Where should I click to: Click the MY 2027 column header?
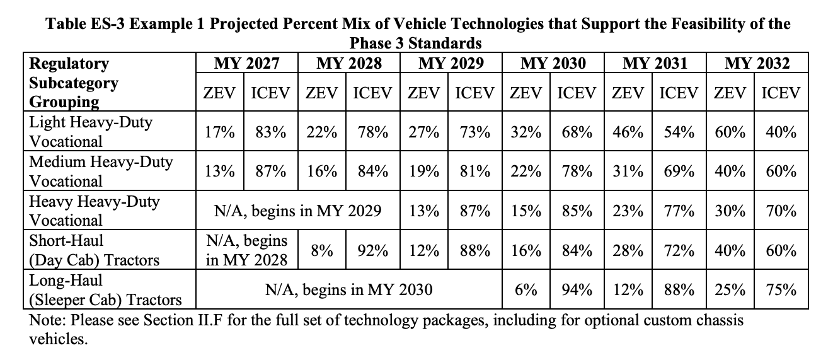[x=247, y=64]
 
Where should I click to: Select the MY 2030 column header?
[x=553, y=64]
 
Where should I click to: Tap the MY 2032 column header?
[x=757, y=64]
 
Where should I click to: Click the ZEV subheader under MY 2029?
[x=423, y=93]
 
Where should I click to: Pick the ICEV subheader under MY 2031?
[x=679, y=93]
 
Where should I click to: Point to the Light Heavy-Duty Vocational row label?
[x=91, y=132]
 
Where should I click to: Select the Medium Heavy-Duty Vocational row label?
[x=101, y=171]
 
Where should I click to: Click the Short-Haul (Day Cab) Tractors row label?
[x=94, y=250]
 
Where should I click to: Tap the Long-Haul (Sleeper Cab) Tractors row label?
[x=105, y=290]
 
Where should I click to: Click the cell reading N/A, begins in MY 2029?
[x=298, y=211]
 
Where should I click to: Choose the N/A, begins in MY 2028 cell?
[x=247, y=250]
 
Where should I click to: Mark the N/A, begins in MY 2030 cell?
[x=349, y=290]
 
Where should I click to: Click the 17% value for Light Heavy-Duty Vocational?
[x=219, y=132]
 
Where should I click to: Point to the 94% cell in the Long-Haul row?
[x=577, y=290]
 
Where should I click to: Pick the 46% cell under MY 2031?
[x=628, y=132]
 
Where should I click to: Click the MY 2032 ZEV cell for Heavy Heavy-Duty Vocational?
[x=730, y=211]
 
